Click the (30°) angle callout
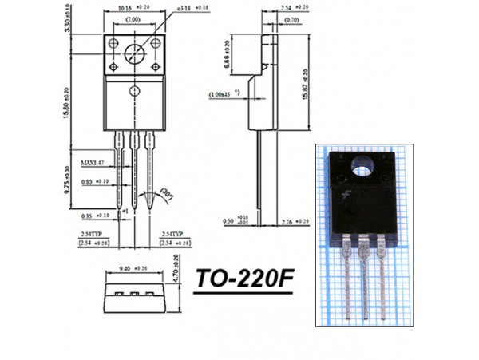168,192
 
